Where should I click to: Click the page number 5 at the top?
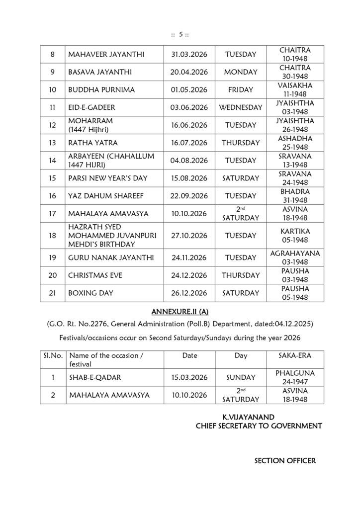coord(181,34)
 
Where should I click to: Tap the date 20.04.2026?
coord(189,72)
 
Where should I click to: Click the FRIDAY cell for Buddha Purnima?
coord(241,90)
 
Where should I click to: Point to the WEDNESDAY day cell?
coord(241,107)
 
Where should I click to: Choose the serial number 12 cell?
coord(53,125)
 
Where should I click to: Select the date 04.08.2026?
coord(189,161)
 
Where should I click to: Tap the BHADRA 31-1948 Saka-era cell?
coord(295,196)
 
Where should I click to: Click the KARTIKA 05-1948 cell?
coord(295,235)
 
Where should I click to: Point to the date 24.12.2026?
coord(189,275)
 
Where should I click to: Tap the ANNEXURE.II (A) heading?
coord(180,312)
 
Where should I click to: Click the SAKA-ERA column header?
coord(295,356)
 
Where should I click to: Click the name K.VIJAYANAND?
coord(247,417)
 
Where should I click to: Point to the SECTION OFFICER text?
coord(285,461)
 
